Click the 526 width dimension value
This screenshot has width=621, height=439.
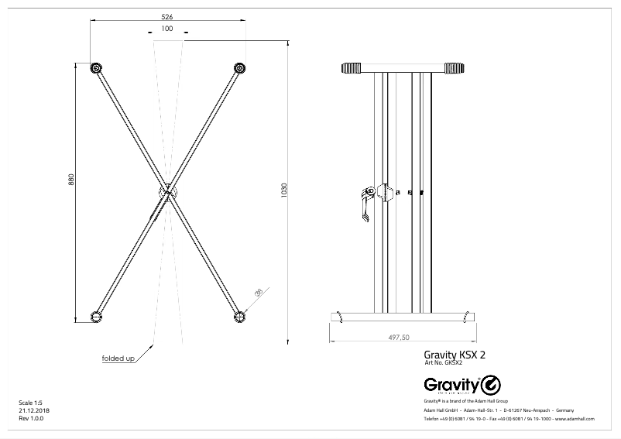(x=167, y=15)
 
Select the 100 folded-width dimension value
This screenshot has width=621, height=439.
(x=167, y=28)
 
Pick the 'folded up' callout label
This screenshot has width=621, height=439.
(x=118, y=358)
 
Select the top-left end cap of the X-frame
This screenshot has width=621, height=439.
(x=96, y=68)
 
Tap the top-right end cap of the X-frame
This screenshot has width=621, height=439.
(x=239, y=68)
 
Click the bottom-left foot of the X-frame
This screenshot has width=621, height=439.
(x=96, y=316)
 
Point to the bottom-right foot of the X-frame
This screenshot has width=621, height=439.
(x=239, y=316)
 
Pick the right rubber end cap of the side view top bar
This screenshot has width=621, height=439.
(x=457, y=67)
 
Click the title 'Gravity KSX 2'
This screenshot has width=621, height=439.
(x=455, y=355)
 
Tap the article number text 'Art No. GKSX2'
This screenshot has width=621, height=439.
(x=444, y=363)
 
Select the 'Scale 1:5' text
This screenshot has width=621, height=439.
(x=30, y=403)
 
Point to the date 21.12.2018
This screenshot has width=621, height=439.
(x=33, y=410)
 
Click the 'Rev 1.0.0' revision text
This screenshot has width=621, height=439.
(x=31, y=418)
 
